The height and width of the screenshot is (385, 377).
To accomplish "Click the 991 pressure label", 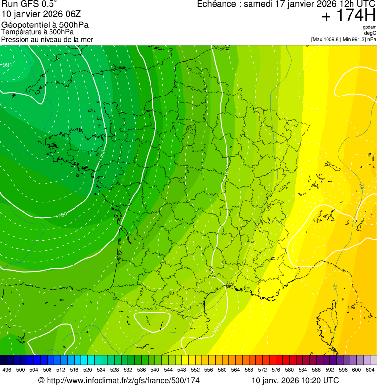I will click(7, 65).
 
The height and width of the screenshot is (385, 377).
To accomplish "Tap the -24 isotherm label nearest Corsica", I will click(335, 286).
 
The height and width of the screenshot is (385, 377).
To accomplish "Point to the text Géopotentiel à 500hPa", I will click(45, 25).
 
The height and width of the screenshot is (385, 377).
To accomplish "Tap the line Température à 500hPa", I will click(37, 32).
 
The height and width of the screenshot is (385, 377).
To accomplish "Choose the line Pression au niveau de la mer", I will click(47, 39).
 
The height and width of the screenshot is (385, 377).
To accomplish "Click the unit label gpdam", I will click(369, 27).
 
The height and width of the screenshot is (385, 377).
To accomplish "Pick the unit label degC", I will click(370, 33).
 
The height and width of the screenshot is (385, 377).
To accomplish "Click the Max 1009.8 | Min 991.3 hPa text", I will click(343, 39).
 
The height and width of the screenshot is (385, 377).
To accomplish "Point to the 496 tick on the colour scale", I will click(7, 370).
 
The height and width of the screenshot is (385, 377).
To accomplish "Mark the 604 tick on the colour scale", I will click(370, 370).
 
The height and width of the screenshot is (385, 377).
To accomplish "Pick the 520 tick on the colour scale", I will click(88, 370).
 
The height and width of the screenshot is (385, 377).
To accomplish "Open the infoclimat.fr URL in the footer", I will click(119, 380).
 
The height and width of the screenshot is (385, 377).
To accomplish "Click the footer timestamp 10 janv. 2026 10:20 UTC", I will click(295, 380).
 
